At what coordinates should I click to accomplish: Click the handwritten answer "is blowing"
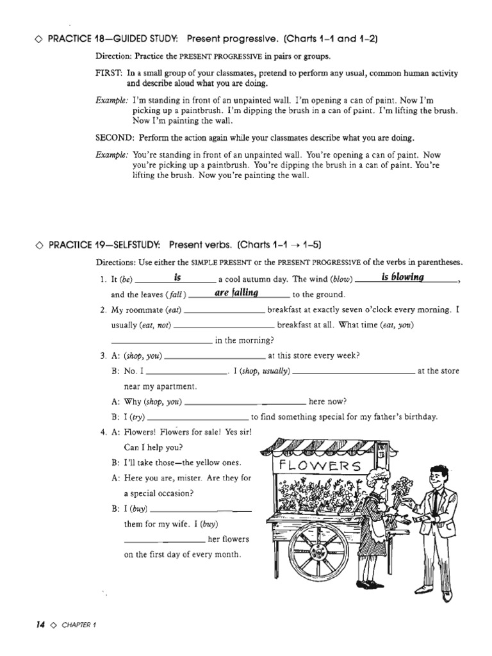(403, 277)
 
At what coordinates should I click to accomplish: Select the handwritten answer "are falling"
(236, 293)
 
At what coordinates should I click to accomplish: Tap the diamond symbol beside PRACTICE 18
(40, 39)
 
